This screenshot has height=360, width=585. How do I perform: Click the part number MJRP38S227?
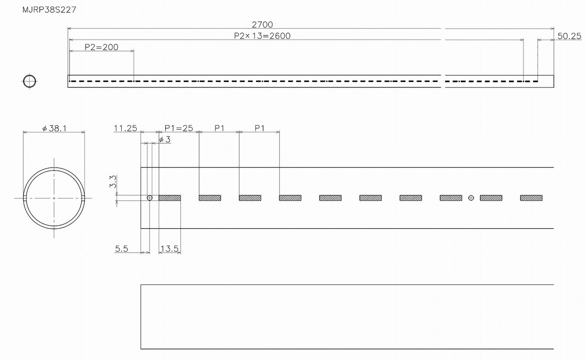click(43, 10)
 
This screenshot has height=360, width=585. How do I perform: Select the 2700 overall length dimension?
click(262, 24)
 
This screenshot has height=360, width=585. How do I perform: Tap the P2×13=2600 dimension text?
click(262, 36)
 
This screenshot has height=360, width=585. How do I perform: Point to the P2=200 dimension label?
click(101, 47)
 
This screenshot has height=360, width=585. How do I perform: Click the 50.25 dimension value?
click(569, 36)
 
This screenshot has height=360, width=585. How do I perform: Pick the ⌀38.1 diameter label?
click(54, 128)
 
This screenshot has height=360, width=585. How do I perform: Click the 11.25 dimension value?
click(125, 128)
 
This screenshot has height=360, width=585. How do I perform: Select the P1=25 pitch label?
click(179, 128)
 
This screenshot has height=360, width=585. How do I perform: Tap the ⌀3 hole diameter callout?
click(164, 139)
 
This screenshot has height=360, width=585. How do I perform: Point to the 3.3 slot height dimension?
click(113, 181)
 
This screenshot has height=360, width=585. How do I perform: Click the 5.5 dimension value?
click(122, 249)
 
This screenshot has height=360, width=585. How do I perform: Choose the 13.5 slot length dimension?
click(170, 249)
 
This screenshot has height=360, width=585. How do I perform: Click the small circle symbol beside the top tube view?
click(30, 81)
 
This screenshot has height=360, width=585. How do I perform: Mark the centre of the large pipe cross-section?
click(54, 198)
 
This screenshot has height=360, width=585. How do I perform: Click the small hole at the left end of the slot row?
click(149, 198)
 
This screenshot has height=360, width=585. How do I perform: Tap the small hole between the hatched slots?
click(471, 198)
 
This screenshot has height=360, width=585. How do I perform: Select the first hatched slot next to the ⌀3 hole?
click(170, 198)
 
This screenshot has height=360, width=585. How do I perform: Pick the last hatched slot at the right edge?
click(531, 198)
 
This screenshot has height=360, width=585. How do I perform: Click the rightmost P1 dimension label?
click(259, 128)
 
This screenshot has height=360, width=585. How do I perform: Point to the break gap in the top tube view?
click(443, 81)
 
